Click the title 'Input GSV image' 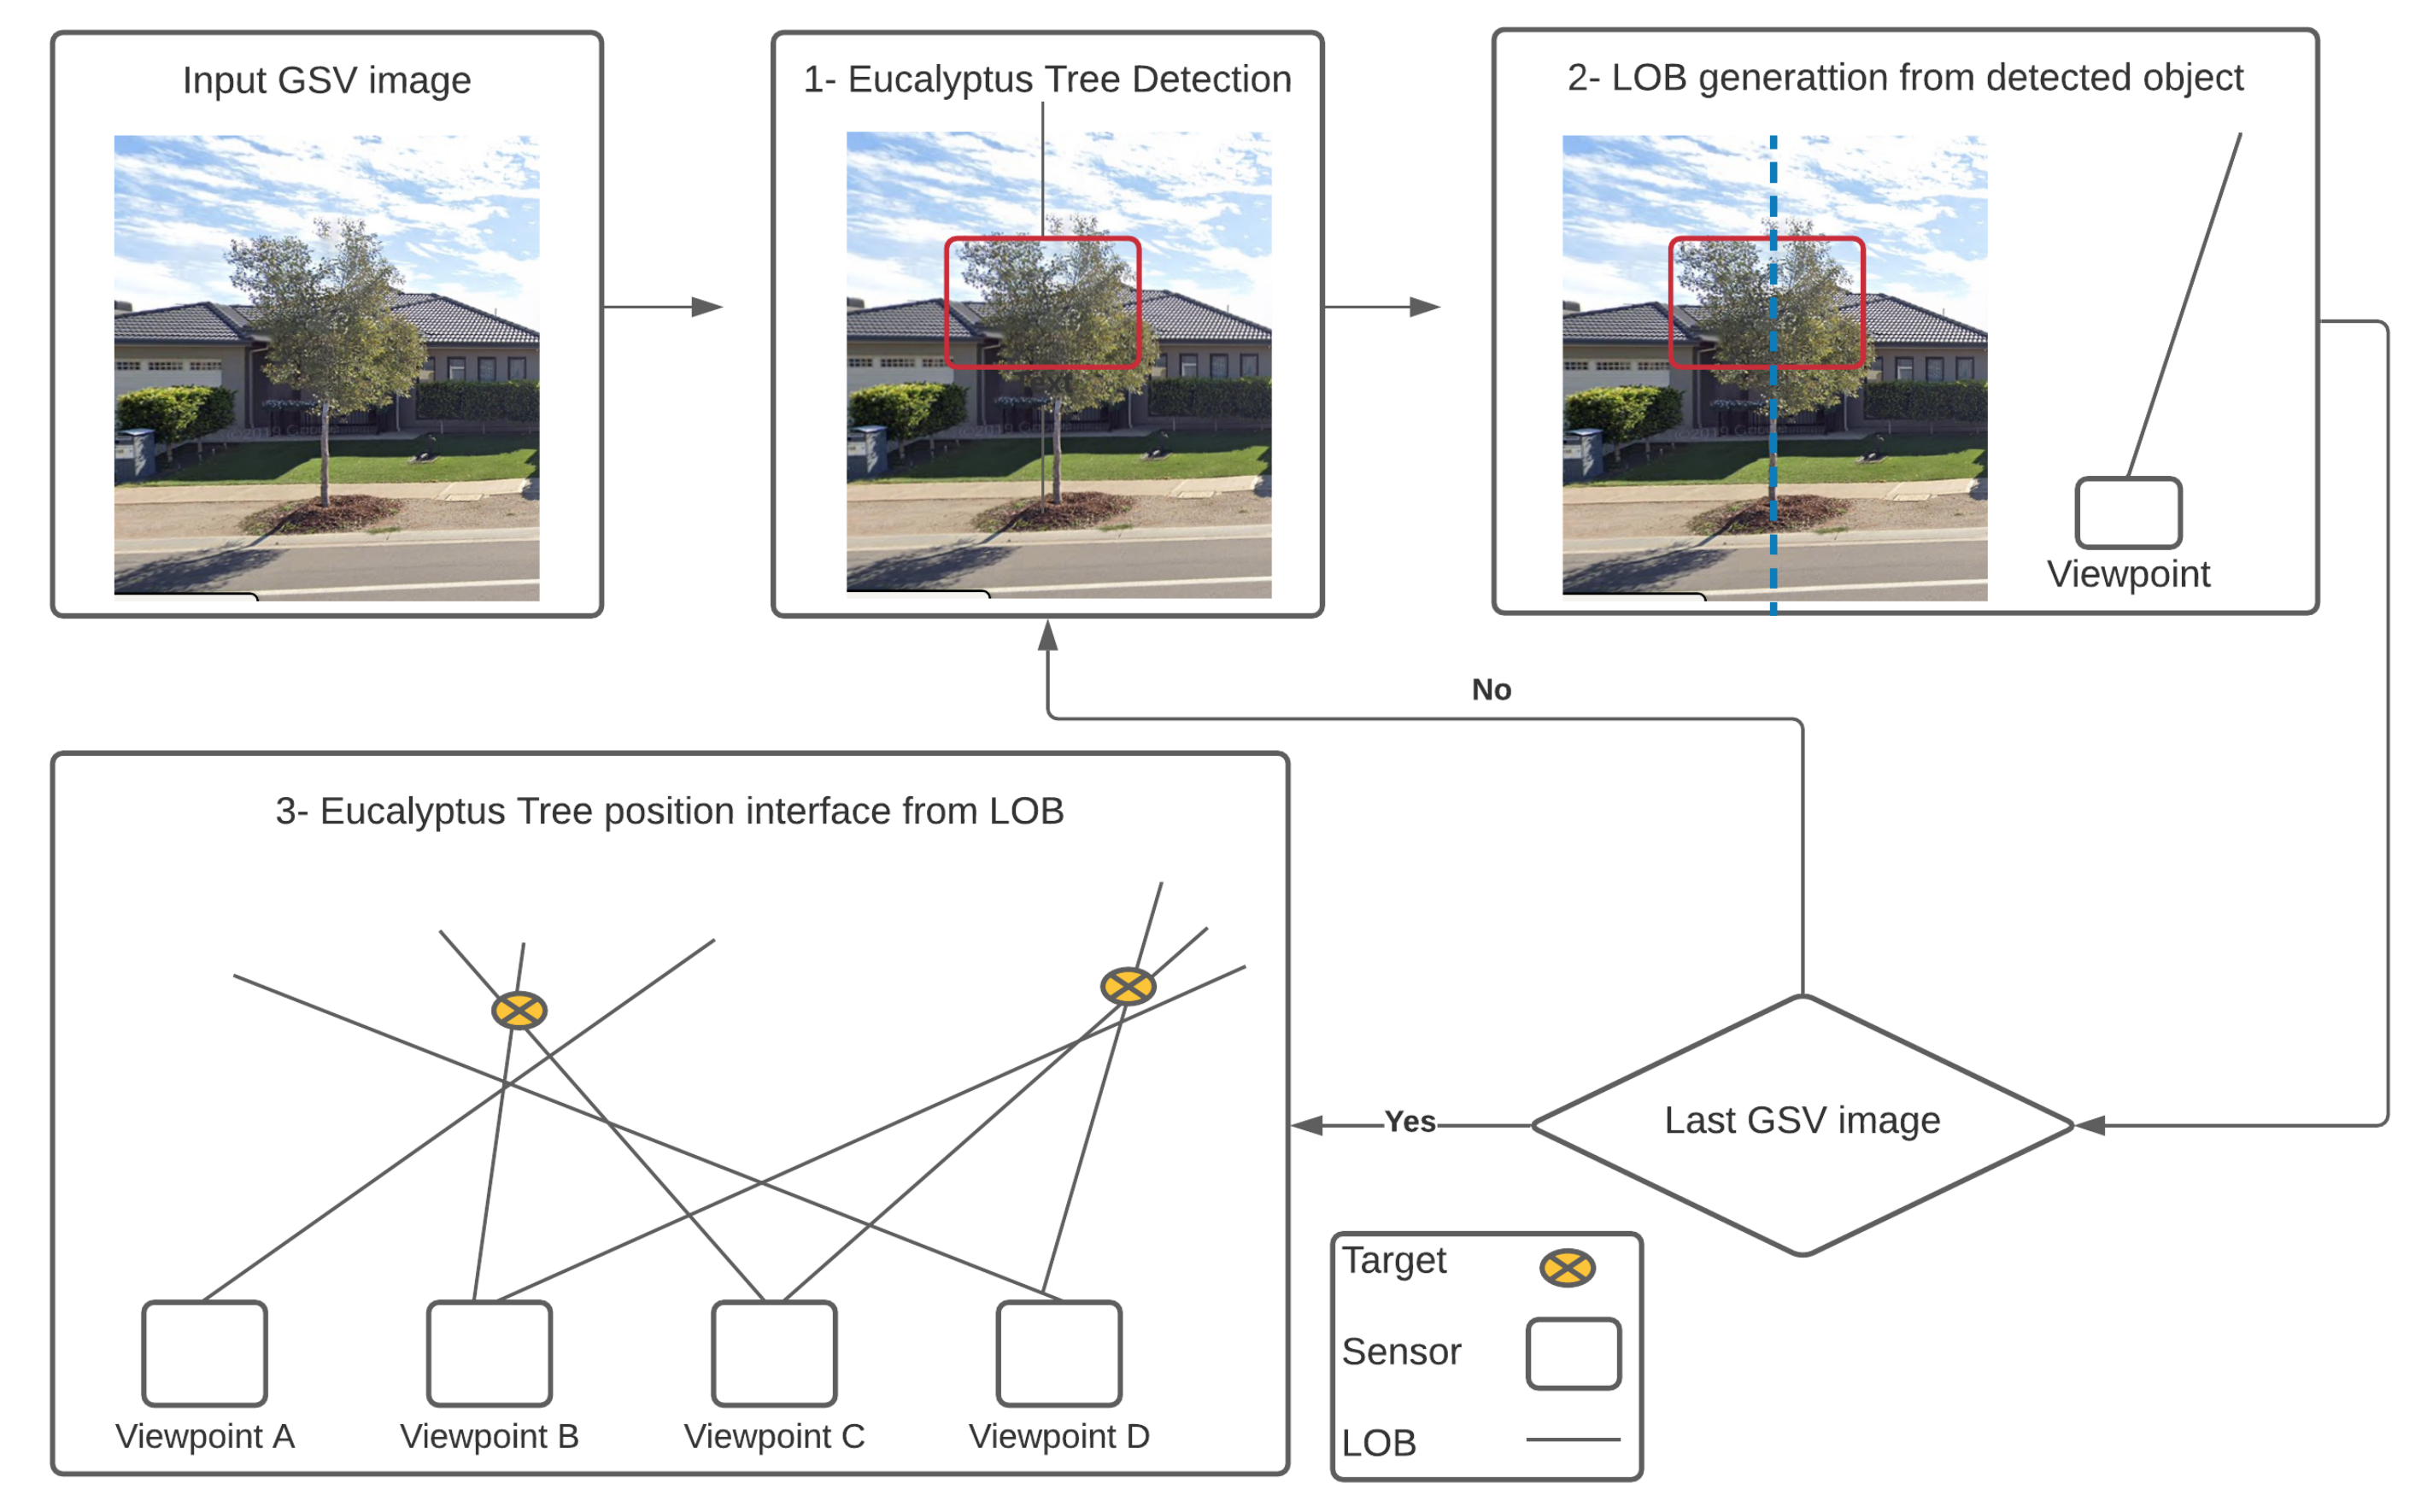pos(326,79)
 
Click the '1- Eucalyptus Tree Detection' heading pos(1046,79)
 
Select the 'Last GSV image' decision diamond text pos(1801,1120)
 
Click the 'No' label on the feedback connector pos(1491,689)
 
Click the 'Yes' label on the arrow pos(1410,1123)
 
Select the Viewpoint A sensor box pos(204,1352)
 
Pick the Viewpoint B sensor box pos(489,1352)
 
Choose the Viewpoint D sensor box pos(1058,1352)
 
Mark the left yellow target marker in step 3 pos(519,1011)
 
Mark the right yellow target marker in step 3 pos(1128,987)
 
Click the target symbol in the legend pos(1567,1268)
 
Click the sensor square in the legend pos(1573,1353)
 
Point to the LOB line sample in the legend pos(1573,1440)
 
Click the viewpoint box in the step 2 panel pos(2128,513)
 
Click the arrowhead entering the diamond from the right pos(2090,1125)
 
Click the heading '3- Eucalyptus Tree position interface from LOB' pos(670,812)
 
